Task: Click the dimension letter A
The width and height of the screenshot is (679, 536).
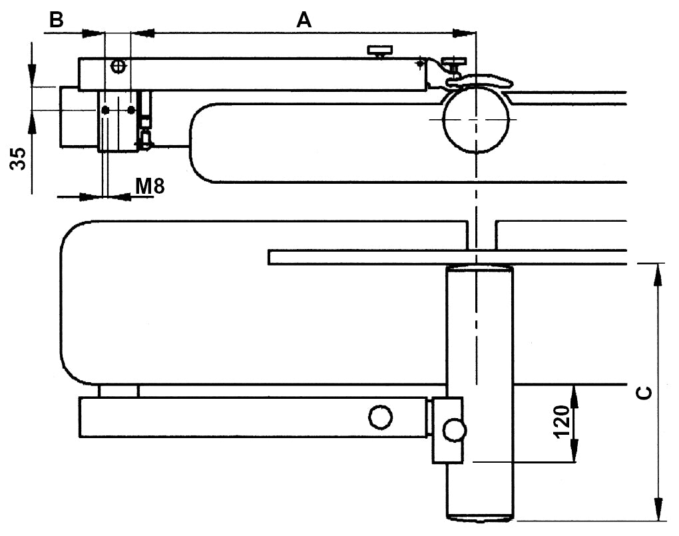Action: (304, 20)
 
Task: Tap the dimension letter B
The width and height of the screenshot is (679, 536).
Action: (57, 20)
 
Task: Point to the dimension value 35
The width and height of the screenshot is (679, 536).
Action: (20, 158)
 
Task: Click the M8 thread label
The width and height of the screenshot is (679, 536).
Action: (150, 186)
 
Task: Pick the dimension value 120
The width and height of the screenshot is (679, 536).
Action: (561, 421)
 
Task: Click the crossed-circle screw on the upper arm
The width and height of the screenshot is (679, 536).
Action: (118, 65)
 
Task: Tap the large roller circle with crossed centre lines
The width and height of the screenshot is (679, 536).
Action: (476, 119)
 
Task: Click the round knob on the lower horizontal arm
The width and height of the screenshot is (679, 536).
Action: (380, 417)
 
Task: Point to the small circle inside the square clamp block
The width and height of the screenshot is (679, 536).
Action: (455, 429)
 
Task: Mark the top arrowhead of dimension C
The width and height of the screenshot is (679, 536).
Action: (658, 273)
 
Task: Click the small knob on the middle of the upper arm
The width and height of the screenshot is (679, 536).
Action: (379, 51)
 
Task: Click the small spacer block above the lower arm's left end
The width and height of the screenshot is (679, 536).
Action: (118, 391)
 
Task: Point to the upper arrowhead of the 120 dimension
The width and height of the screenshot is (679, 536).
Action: (572, 394)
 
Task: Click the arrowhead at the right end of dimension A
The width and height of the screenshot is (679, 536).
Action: (466, 32)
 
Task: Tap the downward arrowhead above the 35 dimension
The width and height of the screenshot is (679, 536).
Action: (31, 75)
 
